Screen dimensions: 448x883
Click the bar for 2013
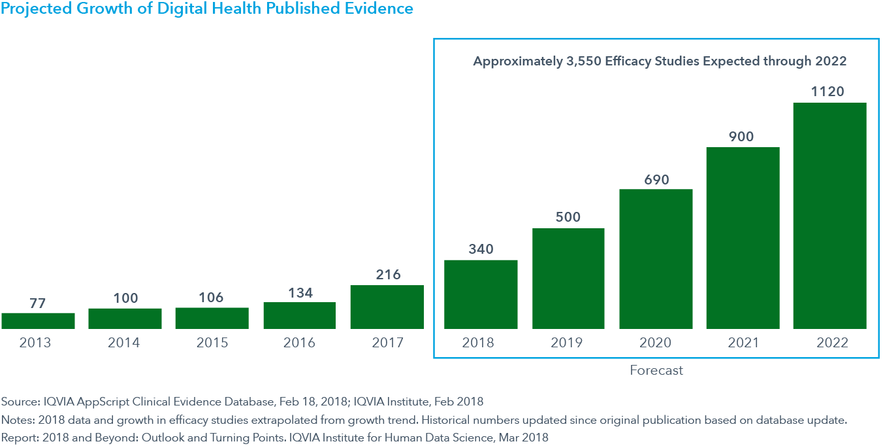point(38,320)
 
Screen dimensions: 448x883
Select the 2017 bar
point(387,307)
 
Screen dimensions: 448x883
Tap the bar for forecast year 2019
point(568,278)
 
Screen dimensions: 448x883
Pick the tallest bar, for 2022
point(829,216)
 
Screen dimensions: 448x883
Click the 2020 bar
point(656,259)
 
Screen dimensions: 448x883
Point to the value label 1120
point(828,92)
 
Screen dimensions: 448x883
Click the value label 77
point(38,303)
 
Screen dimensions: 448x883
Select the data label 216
point(388,275)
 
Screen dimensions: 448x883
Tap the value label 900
point(741,137)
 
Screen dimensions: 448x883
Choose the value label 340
point(481,249)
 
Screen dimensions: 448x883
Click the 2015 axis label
point(212,343)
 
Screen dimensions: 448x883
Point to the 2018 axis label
point(479,343)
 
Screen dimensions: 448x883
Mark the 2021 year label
point(743,343)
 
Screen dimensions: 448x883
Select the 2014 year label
point(124,343)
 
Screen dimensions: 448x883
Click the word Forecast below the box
point(656,370)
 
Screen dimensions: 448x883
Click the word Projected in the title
point(34,9)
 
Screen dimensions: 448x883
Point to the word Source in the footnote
point(18,402)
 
